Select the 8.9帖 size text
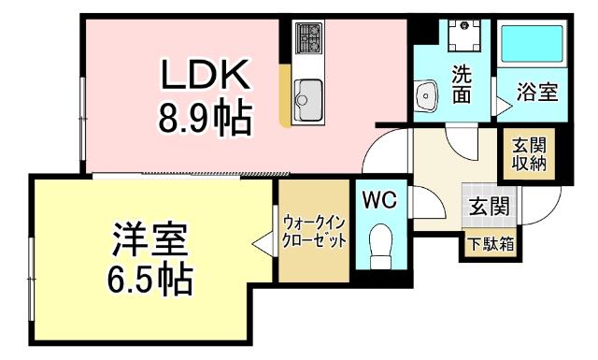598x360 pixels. pyautogui.click(x=203, y=120)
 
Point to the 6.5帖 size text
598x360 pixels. pyautogui.click(x=148, y=279)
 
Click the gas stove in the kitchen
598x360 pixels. pyautogui.click(x=308, y=38)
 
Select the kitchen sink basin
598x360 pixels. pyautogui.click(x=308, y=94)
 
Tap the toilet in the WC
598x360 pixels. pyautogui.click(x=381, y=246)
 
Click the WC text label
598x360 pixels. pyautogui.click(x=380, y=199)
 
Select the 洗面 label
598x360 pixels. pyautogui.click(x=463, y=84)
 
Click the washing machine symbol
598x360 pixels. pyautogui.click(x=462, y=36)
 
